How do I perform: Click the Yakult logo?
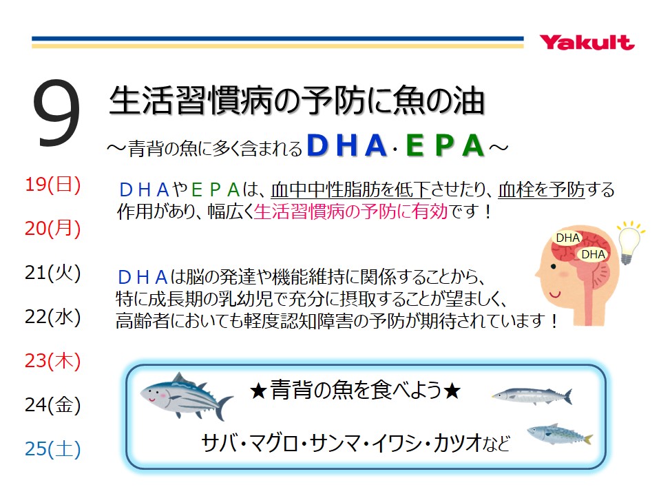[587, 43]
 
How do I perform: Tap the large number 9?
[56, 113]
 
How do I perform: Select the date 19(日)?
[53, 185]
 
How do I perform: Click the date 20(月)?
[53, 229]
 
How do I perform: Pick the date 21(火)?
[53, 273]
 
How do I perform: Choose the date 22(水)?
[53, 317]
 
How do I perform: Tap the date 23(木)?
[53, 361]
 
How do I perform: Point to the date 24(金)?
[53, 405]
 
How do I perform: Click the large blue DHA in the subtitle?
[347, 145]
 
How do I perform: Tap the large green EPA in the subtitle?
[444, 145]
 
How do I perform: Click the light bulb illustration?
[629, 242]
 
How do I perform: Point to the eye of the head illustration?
[554, 267]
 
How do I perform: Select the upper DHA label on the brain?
[567, 238]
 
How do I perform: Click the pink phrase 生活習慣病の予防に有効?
[351, 211]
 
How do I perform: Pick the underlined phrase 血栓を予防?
[541, 190]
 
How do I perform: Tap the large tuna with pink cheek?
[186, 397]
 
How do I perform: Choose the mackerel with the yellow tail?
[560, 435]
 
